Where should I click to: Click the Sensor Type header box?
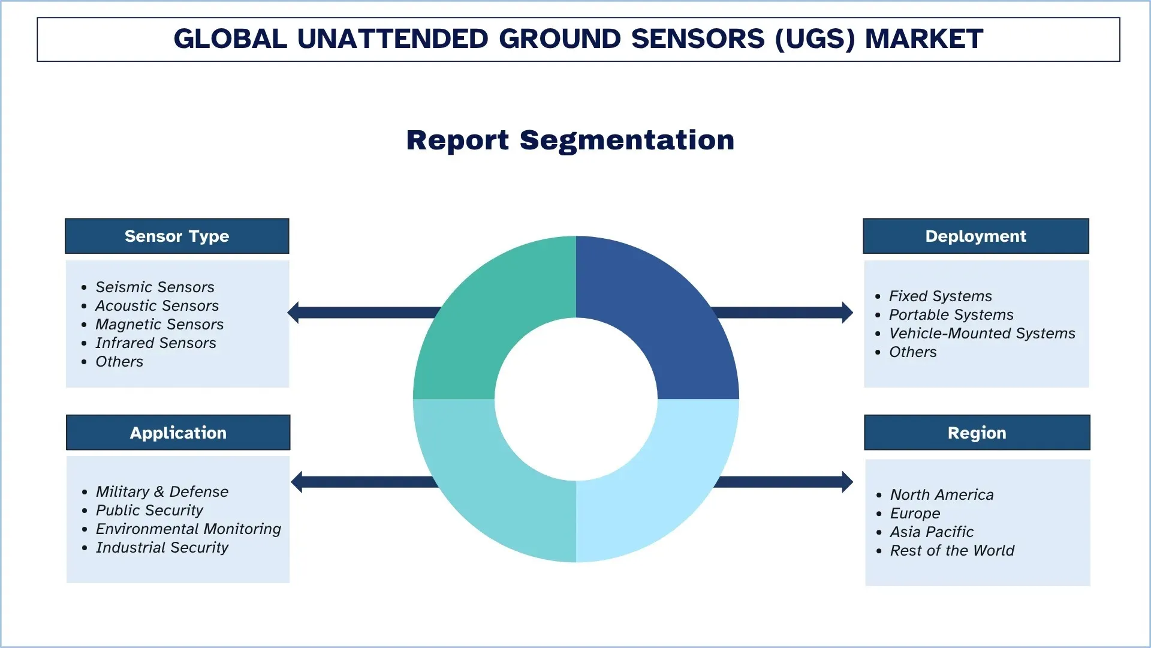pyautogui.click(x=177, y=236)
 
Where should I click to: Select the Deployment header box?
pyautogui.click(x=975, y=236)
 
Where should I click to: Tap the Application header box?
pyautogui.click(x=178, y=433)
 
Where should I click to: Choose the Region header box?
pyautogui.click(x=977, y=433)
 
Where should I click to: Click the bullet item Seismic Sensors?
pyautogui.click(x=155, y=287)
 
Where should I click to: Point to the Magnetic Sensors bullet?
pyautogui.click(x=159, y=325)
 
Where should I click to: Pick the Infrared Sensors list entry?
pyautogui.click(x=155, y=343)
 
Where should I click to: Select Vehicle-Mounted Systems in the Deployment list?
pyautogui.click(x=982, y=334)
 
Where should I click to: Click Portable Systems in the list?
pyautogui.click(x=951, y=315)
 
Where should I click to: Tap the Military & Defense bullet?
pyautogui.click(x=162, y=492)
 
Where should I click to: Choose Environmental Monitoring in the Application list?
pyautogui.click(x=188, y=529)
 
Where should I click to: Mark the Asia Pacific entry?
pyautogui.click(x=932, y=532)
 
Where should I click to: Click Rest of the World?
pyautogui.click(x=952, y=551)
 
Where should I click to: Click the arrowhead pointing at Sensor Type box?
pyautogui.click(x=294, y=313)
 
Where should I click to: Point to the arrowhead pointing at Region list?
pyautogui.click(x=847, y=482)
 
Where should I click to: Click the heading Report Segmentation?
pyautogui.click(x=570, y=140)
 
